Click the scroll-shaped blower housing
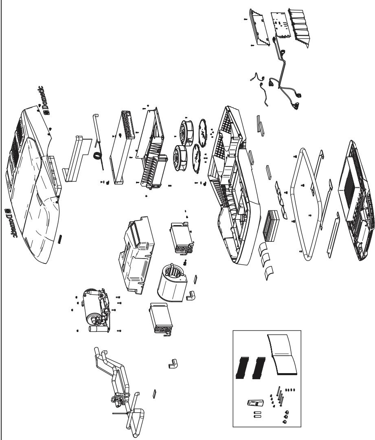[x=171, y=283]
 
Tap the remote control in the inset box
[x=255, y=403]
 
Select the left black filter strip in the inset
[x=243, y=367]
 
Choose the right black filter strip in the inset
[x=259, y=367]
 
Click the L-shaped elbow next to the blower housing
[x=191, y=296]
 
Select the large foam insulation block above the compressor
[x=137, y=254]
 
